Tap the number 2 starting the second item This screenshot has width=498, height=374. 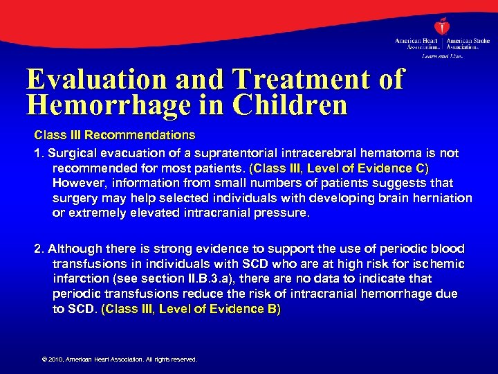coord(37,248)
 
